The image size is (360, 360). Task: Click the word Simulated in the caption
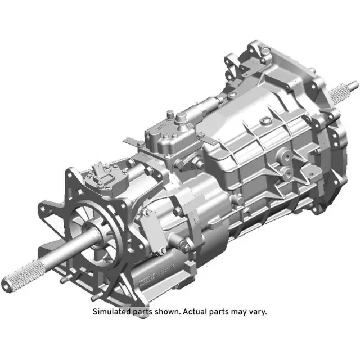coord(111,311)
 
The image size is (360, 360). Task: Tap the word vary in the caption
coord(256,311)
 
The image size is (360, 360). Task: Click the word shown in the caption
coord(163,311)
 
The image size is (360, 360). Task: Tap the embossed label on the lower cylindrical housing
coord(152,275)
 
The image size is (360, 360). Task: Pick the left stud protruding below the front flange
coord(62,280)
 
